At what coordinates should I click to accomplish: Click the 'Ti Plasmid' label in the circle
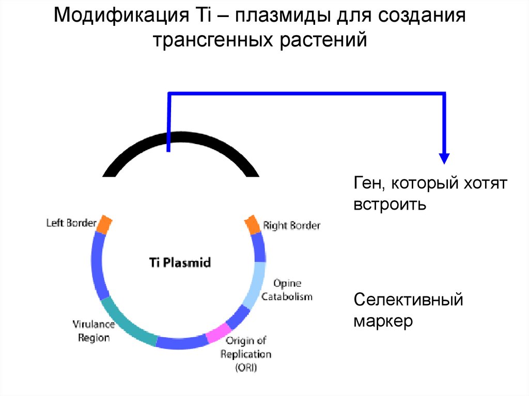point(180,262)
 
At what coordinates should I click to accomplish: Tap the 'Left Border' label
point(71,223)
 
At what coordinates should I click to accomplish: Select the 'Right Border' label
point(291,225)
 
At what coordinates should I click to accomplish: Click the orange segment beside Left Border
point(104,225)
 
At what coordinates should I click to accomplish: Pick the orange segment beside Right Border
point(252,225)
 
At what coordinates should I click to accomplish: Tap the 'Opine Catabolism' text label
point(287,290)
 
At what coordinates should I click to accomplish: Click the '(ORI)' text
point(246,367)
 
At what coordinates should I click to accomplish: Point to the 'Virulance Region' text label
point(94,331)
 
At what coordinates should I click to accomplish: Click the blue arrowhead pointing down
point(444,159)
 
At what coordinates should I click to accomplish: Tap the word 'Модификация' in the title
point(121,15)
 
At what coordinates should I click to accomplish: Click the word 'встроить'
point(390,204)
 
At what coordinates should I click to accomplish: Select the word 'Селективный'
point(408,299)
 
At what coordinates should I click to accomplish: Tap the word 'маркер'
point(383,321)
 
